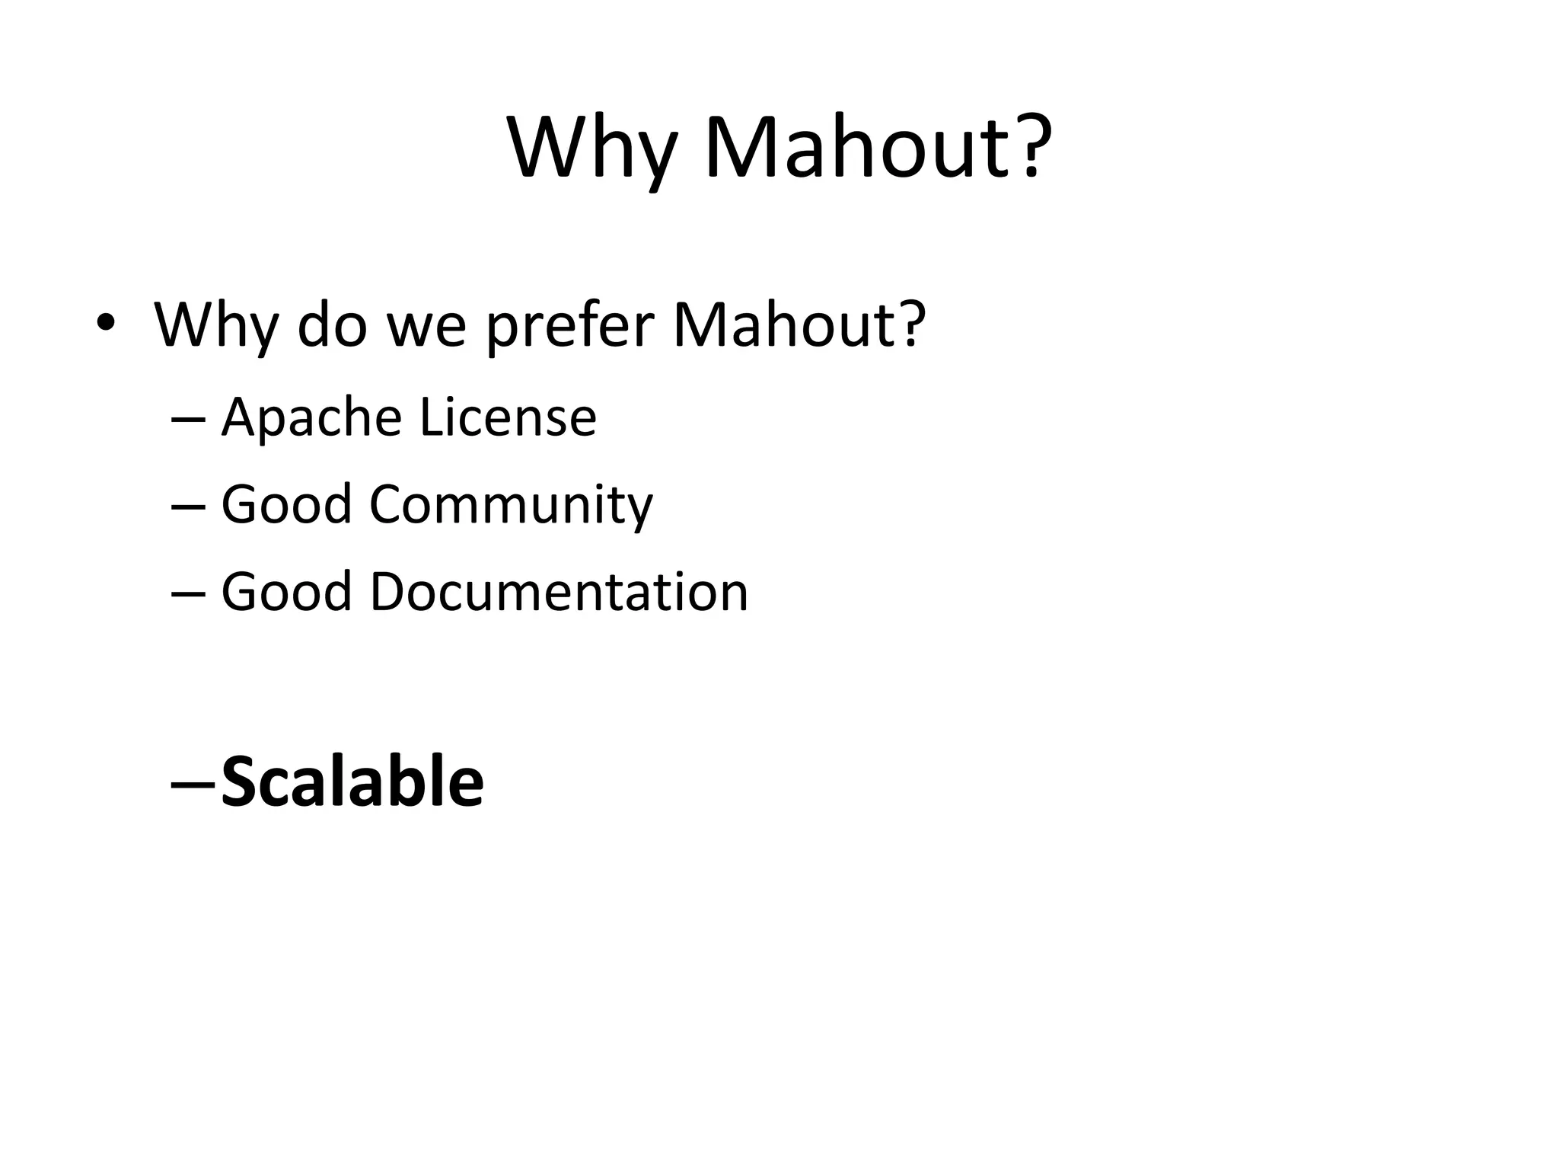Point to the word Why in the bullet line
point(215,326)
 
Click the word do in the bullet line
point(332,324)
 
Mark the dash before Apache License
point(189,420)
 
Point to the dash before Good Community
point(189,507)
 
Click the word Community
point(511,506)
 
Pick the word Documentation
point(559,591)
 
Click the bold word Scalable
point(352,782)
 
